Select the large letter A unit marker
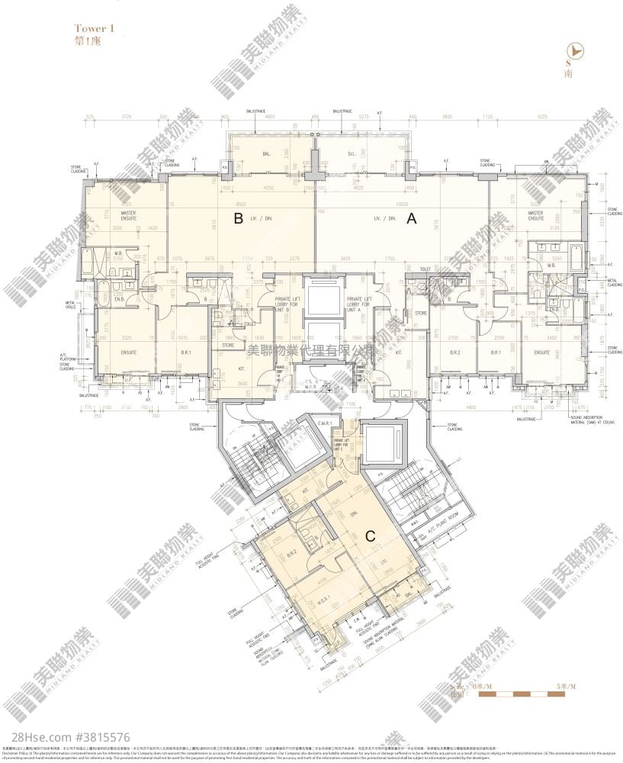(411, 220)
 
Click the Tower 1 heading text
(95, 28)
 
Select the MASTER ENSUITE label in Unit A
(535, 216)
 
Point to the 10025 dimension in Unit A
(400, 204)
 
